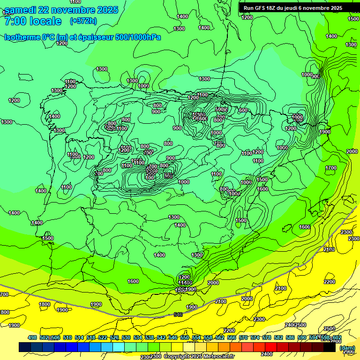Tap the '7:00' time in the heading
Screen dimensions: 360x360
click(14, 21)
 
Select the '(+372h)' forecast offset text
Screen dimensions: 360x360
click(83, 21)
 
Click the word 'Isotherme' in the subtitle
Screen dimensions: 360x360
click(22, 37)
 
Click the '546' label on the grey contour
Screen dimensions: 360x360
click(178, 315)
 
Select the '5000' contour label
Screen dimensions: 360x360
click(221, 109)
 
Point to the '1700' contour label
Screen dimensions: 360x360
click(331, 168)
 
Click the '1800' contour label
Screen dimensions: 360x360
click(45, 304)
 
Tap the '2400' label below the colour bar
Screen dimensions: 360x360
click(267, 354)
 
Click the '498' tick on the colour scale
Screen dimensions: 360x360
click(32, 337)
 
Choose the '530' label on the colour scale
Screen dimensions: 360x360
click(126, 337)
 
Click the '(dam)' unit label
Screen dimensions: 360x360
click(347, 347)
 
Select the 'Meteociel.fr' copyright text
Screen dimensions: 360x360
click(219, 357)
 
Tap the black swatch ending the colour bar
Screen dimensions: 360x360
click(330, 347)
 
